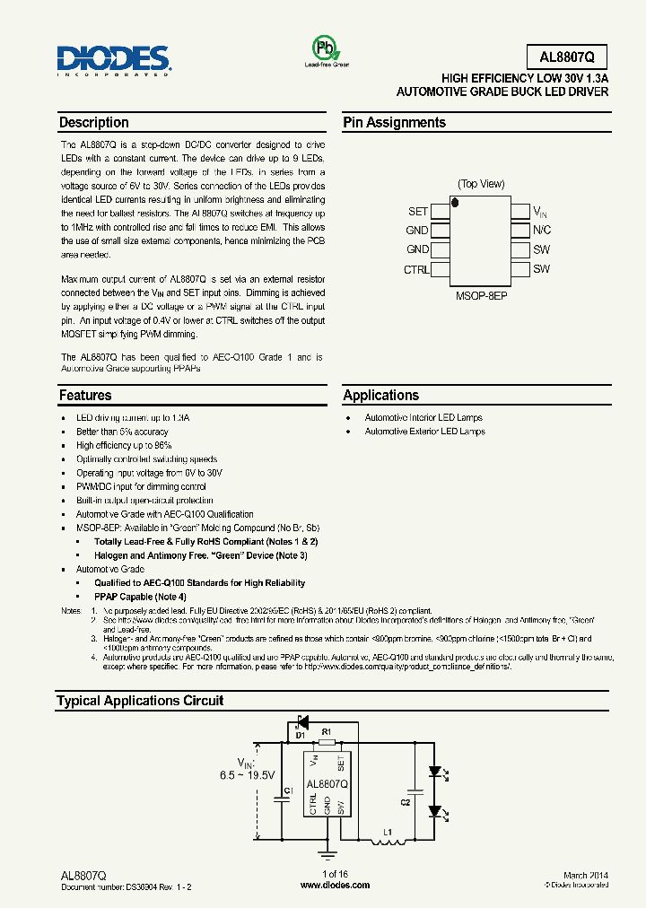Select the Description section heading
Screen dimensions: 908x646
click(94, 123)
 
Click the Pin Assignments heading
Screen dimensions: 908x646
click(394, 123)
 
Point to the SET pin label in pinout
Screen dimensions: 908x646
click(418, 212)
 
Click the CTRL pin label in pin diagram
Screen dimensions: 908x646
click(416, 269)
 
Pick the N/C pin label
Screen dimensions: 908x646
click(542, 231)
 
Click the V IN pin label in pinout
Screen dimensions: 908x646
click(540, 213)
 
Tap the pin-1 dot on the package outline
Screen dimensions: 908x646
click(456, 204)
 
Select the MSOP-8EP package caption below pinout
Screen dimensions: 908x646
click(481, 294)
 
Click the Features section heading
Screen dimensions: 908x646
click(85, 396)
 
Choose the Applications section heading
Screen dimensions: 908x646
click(381, 396)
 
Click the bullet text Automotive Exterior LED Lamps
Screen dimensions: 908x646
click(424, 432)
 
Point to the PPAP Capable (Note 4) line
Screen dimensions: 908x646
click(140, 597)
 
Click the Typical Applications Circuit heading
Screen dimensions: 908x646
click(140, 701)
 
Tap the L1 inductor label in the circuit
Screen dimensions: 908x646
click(388, 834)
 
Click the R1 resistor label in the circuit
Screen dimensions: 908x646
click(327, 733)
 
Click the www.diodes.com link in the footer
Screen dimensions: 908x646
click(335, 885)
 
